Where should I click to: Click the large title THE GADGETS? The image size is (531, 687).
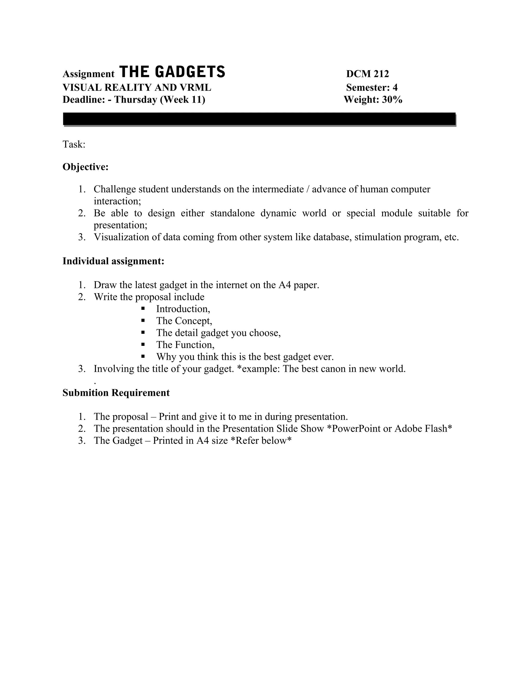point(172,72)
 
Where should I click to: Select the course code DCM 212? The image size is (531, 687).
point(367,74)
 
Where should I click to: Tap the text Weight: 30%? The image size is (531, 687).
point(373,100)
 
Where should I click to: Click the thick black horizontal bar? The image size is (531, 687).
point(259,119)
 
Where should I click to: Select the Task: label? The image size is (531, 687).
point(74,144)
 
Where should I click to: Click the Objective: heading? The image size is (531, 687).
point(86,167)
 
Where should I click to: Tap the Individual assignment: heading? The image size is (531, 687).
point(113,261)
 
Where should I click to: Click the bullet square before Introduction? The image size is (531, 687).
point(143,309)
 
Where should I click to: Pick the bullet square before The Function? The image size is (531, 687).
point(143,345)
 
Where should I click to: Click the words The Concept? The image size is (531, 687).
point(184,321)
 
